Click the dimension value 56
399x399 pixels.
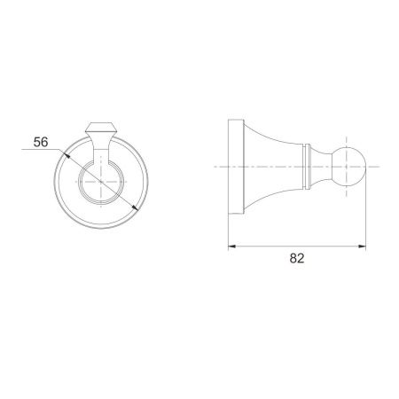point(41,142)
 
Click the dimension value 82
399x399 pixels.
point(297,258)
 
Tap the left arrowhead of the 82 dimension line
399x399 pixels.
point(232,246)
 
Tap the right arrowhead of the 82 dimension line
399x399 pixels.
point(362,246)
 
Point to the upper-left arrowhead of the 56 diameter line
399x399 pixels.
point(66,154)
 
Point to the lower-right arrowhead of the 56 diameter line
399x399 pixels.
point(135,207)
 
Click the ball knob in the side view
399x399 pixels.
point(348,167)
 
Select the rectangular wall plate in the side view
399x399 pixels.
point(236,167)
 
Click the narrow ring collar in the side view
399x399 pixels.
point(307,167)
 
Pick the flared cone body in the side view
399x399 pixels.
point(273,167)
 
